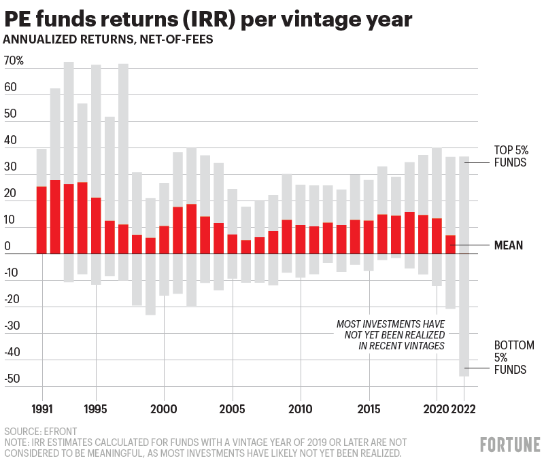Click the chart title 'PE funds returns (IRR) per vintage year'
tap(207, 18)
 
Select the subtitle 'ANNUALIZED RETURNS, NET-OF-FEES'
tap(108, 39)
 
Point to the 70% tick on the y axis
tap(14, 61)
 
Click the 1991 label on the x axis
tap(42, 409)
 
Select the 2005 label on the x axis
tap(233, 409)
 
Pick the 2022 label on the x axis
tap(464, 409)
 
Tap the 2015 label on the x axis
tap(369, 409)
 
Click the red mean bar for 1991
tap(41, 220)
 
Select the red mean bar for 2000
tap(164, 240)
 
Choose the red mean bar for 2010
tap(300, 239)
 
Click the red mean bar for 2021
tap(450, 245)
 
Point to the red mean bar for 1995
tap(96, 226)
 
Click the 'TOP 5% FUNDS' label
tap(510, 156)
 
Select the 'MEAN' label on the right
tap(508, 245)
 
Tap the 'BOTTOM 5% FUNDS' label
tap(510, 358)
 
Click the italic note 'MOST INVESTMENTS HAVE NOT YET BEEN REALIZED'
tap(390, 334)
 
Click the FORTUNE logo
tap(510, 445)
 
